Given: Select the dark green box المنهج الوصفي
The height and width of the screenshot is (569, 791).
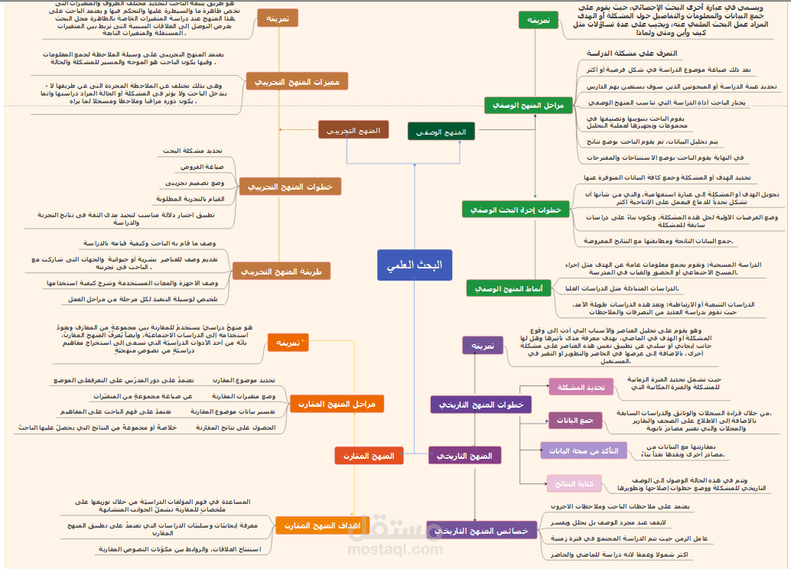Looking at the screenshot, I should point(441,132).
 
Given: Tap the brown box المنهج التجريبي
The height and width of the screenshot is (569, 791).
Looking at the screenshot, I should point(353,130).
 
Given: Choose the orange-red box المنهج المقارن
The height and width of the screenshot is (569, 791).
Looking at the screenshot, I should point(369,456).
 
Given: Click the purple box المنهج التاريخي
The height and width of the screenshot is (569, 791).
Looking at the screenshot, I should point(464,456).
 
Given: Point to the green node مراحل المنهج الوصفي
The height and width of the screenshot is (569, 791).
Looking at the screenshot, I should point(526,106).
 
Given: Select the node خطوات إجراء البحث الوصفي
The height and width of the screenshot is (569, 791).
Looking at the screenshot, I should point(516,209).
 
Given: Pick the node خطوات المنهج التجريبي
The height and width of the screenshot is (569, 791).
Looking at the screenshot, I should point(290,186).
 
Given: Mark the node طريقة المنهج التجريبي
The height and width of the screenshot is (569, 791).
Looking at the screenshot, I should point(281,271).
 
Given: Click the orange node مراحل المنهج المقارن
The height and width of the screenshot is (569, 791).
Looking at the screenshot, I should point(337,404).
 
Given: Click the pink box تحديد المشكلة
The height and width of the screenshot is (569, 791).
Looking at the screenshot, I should point(581,387).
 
